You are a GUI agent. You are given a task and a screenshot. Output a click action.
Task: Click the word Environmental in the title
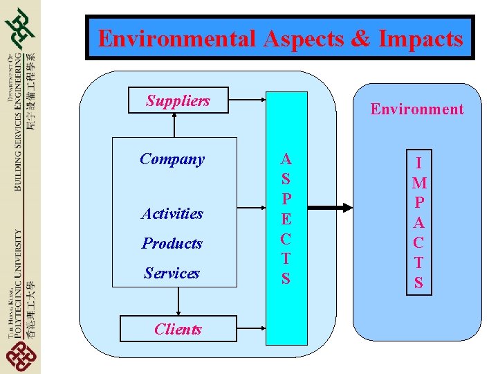click(x=177, y=38)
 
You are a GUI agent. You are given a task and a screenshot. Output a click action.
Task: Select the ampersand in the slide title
click(x=360, y=38)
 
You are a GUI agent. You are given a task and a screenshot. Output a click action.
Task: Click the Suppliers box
click(x=178, y=101)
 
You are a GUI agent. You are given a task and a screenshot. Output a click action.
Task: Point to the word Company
click(x=172, y=159)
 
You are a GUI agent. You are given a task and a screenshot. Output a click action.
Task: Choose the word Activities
click(x=172, y=214)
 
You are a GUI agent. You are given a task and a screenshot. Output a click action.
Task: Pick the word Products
click(x=172, y=244)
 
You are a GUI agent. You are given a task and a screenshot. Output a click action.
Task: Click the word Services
click(x=172, y=274)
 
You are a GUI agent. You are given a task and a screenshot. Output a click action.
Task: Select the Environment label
click(x=417, y=109)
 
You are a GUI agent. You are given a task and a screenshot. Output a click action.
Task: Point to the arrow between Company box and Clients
click(x=178, y=301)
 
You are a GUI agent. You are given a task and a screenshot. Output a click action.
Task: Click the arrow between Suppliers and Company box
click(x=174, y=125)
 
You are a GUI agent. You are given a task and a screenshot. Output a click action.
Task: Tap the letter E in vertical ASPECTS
click(x=286, y=219)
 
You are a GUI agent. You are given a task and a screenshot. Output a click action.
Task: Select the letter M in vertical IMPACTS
click(x=418, y=184)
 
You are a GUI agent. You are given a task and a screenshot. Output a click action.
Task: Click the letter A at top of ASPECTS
click(x=286, y=159)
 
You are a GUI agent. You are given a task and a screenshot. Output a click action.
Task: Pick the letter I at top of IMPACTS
click(x=418, y=163)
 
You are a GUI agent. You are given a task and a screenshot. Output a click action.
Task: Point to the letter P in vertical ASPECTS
click(x=286, y=199)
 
